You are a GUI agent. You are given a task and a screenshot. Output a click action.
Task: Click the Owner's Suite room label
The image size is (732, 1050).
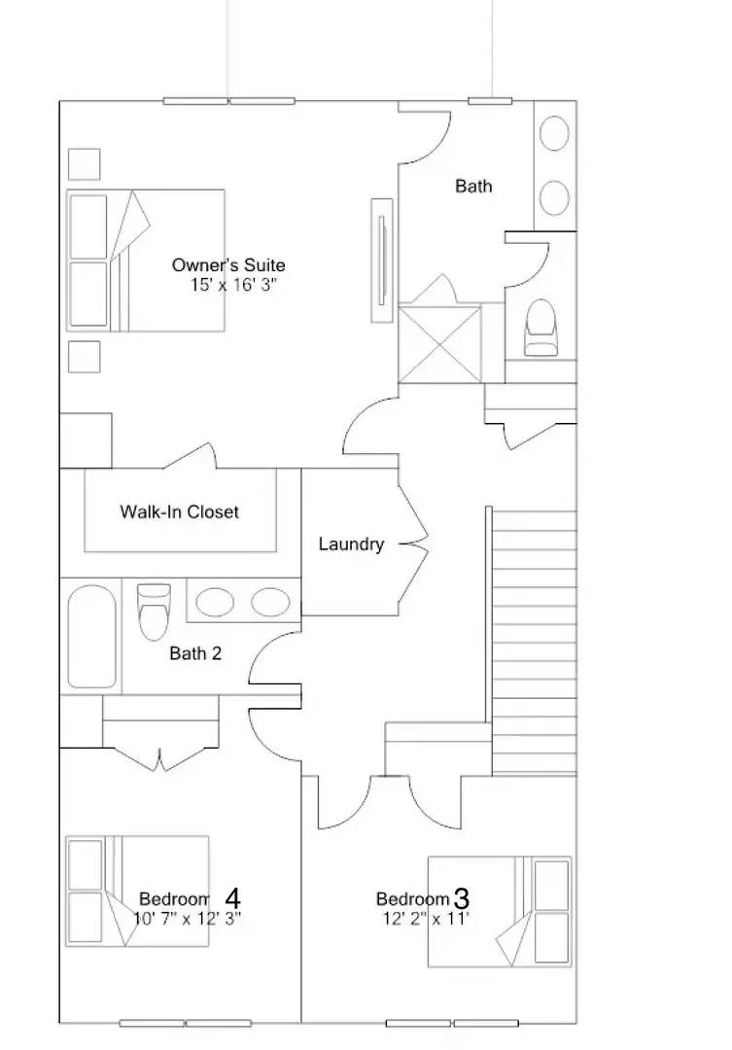[228, 264]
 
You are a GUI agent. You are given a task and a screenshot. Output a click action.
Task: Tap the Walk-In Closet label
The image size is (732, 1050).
[179, 511]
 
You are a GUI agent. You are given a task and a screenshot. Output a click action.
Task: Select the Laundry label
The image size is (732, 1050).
[351, 544]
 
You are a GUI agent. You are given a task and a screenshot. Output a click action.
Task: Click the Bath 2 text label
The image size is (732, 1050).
[195, 653]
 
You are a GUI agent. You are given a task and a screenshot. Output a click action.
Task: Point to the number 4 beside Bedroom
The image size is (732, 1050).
[233, 896]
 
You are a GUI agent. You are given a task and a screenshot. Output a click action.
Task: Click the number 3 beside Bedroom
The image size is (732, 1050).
[462, 897]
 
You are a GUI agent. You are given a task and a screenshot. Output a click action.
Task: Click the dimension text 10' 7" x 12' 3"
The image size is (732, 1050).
[187, 917]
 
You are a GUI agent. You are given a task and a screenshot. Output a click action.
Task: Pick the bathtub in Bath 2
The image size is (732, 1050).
[92, 637]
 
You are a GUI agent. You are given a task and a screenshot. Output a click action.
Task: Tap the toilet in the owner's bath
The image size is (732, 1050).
[541, 328]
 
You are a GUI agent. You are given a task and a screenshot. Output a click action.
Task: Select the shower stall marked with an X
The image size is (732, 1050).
[441, 342]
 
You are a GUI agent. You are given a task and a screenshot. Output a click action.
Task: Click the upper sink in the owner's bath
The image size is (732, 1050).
[554, 133]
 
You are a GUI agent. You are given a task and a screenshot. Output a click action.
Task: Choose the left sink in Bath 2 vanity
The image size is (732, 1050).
[215, 603]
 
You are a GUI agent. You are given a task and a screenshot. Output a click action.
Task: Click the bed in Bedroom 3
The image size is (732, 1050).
[500, 911]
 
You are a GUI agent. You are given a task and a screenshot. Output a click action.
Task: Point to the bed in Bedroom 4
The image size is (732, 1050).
[137, 891]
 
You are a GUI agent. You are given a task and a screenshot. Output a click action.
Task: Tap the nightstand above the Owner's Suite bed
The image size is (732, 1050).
[85, 163]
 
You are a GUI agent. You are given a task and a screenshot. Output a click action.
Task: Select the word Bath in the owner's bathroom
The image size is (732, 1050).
[473, 186]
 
